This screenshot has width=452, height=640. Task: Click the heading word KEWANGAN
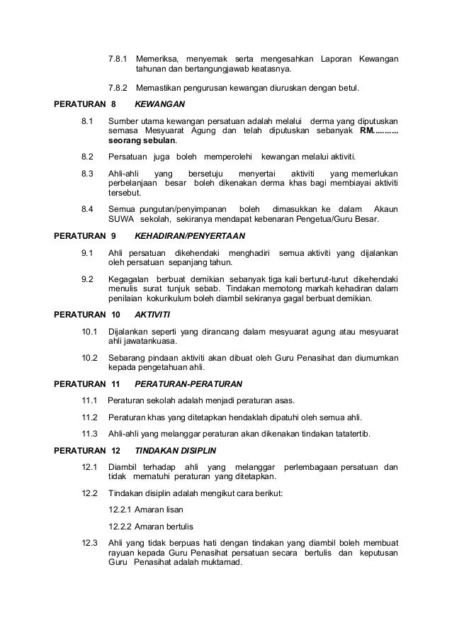tap(154, 103)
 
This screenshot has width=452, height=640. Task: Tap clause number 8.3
tap(89, 173)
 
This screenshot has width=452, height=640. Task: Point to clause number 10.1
tap(90, 330)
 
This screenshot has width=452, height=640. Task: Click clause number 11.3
tap(90, 432)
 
